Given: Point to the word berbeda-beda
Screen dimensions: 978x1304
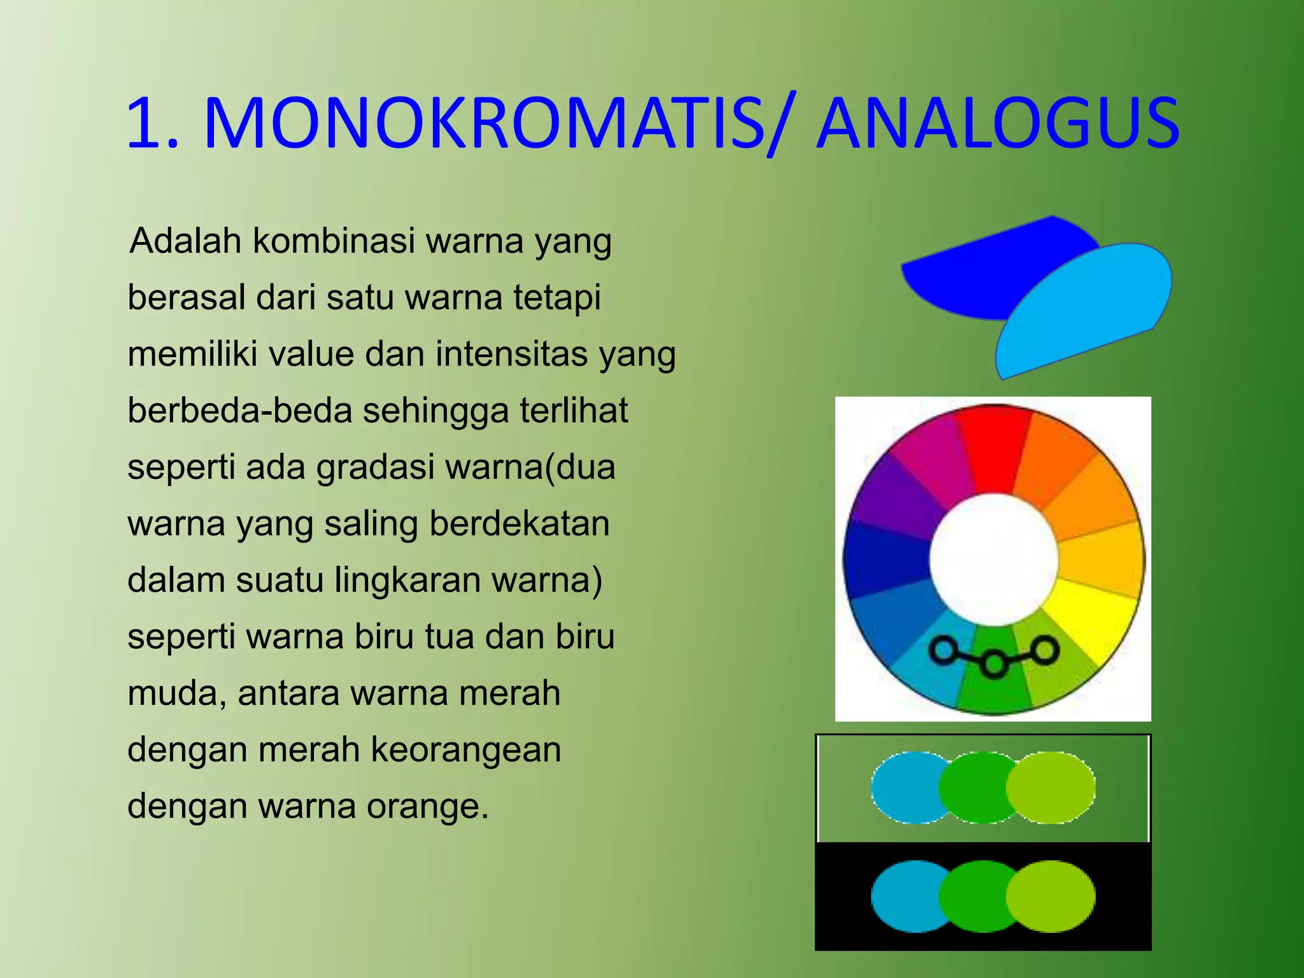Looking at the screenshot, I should (x=239, y=411).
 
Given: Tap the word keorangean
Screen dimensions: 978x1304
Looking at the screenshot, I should (x=465, y=749).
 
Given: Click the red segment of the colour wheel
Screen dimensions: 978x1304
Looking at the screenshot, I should (x=993, y=449).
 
